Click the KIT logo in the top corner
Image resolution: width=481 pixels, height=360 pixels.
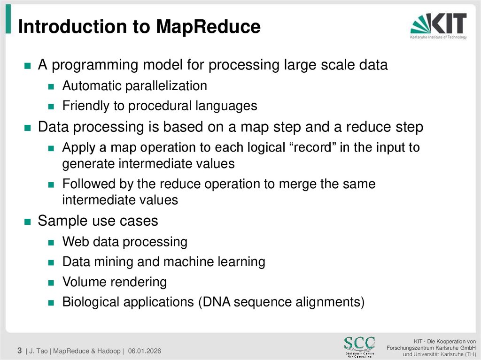coord(438,26)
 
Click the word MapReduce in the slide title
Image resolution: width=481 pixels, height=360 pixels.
coord(208,27)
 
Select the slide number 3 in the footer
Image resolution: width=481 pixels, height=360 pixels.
coord(20,350)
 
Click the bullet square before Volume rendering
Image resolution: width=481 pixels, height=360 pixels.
coord(52,283)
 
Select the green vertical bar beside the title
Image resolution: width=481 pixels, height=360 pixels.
coord(8,21)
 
